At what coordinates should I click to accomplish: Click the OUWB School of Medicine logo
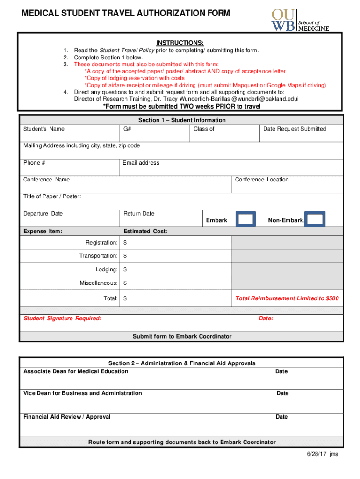click(x=300, y=20)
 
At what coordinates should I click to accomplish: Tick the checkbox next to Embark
click(x=245, y=219)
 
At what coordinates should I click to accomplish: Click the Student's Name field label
click(x=44, y=129)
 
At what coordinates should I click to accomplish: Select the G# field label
click(x=127, y=129)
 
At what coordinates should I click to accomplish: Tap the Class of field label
click(x=204, y=129)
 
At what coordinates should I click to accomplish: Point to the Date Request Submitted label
click(x=295, y=129)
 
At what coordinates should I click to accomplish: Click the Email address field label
click(x=141, y=163)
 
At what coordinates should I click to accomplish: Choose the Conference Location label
click(x=262, y=180)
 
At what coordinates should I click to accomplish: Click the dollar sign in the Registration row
click(x=125, y=243)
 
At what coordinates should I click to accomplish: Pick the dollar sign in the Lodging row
click(x=125, y=270)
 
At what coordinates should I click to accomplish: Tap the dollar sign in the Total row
click(x=125, y=298)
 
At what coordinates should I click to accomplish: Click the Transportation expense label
click(x=98, y=256)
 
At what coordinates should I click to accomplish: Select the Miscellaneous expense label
click(x=99, y=283)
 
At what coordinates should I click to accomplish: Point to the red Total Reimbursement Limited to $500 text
click(x=287, y=298)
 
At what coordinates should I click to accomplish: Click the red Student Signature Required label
click(x=62, y=319)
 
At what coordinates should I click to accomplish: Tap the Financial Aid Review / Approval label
click(x=67, y=417)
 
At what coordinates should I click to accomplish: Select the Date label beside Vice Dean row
click(x=282, y=393)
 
